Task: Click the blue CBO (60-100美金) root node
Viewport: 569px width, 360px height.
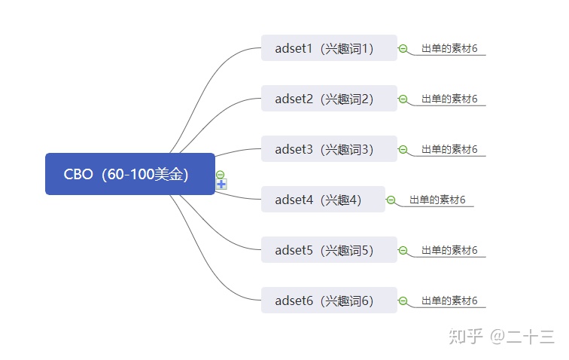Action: coord(130,174)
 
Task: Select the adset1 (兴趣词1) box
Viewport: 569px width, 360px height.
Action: coord(329,48)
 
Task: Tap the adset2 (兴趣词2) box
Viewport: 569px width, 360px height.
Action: coord(329,99)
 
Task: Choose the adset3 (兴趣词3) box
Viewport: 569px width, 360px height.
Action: coord(329,149)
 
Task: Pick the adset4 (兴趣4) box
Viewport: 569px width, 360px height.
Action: coord(323,200)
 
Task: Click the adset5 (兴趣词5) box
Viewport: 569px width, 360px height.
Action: coord(329,250)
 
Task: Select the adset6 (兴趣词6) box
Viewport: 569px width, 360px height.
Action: coord(329,301)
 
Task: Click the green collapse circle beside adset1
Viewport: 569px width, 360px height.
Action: coord(403,48)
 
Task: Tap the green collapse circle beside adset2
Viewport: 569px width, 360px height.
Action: coord(403,99)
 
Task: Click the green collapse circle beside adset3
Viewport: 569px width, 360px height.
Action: coord(403,149)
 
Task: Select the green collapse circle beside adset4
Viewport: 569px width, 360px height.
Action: coord(391,200)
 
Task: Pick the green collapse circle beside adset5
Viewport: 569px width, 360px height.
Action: coord(403,250)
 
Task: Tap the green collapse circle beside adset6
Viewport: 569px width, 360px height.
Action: coord(403,301)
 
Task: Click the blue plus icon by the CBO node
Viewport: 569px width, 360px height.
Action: coord(221,185)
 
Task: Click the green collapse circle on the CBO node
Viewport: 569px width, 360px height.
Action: coord(220,175)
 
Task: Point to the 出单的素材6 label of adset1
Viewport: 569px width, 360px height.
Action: coord(449,48)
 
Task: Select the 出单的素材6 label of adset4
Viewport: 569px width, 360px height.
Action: coord(437,200)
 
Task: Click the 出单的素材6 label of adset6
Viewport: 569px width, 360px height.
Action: coord(449,301)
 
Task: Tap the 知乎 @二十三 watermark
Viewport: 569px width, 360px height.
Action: coord(501,337)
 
